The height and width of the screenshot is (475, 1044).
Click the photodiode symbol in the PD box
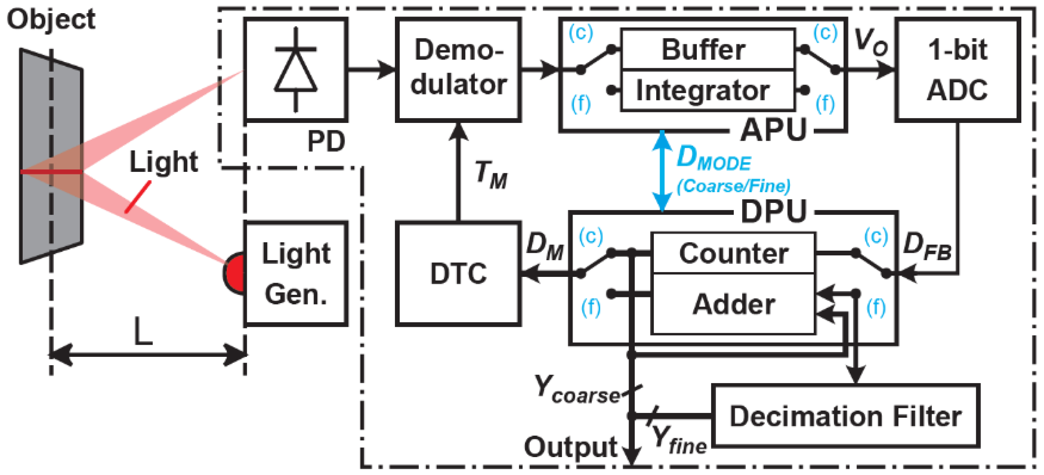click(296, 70)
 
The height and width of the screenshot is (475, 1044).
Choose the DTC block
click(458, 274)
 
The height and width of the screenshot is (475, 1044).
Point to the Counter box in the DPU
click(733, 253)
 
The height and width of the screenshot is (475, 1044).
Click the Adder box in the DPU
click(733, 304)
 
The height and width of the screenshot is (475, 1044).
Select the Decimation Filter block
click(845, 416)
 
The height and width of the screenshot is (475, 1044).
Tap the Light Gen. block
click(296, 274)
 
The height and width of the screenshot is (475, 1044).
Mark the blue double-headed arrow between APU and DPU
click(662, 171)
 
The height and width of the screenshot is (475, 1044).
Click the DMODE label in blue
click(713, 158)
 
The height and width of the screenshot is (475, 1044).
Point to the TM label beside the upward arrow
click(490, 175)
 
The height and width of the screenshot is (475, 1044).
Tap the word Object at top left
click(51, 20)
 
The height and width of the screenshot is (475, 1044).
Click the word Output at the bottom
click(570, 447)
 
